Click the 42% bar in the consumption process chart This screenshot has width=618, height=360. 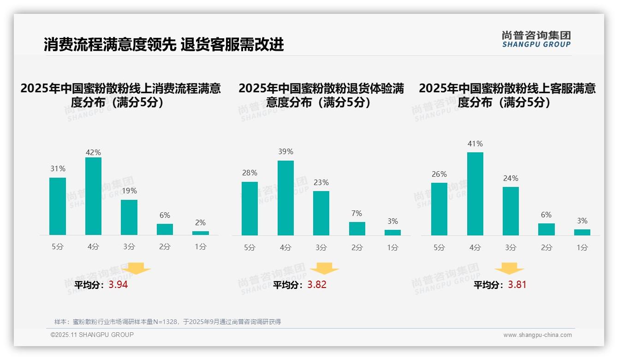[93, 196]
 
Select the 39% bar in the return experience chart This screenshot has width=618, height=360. [285, 198]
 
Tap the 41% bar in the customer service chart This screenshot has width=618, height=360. [475, 194]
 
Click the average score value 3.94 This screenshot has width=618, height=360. [118, 285]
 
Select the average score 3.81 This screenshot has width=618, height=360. [517, 285]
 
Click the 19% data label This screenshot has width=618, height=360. [129, 191]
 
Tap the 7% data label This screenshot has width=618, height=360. [357, 213]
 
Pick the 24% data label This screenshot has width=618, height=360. [511, 178]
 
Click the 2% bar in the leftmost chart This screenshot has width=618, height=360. [201, 233]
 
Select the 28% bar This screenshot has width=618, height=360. [250, 209]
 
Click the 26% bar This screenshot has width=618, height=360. [439, 209]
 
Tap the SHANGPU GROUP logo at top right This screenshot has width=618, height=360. [536, 39]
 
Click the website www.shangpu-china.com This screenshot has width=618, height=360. [537, 335]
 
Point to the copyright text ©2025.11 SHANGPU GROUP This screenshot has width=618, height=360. [92, 335]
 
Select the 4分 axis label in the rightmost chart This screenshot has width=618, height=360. [475, 247]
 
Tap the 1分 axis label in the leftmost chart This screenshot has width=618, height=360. [201, 247]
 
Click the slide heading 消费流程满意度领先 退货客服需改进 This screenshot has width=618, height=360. [164, 44]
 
